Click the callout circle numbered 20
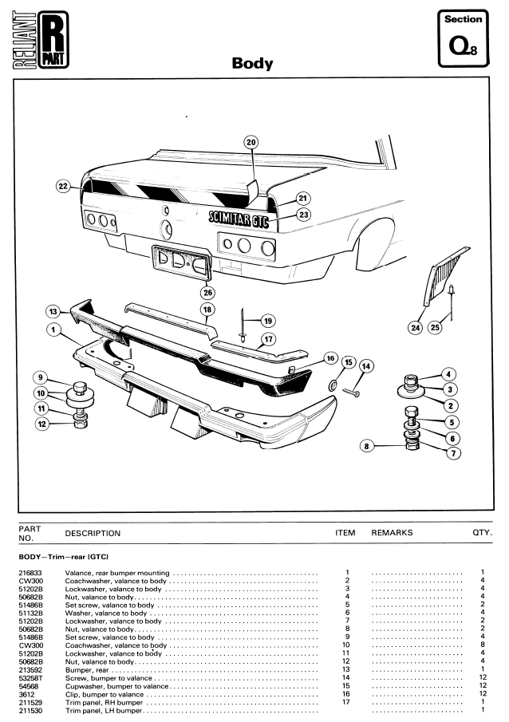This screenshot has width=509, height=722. click(x=251, y=143)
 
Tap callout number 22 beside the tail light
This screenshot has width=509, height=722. click(x=63, y=186)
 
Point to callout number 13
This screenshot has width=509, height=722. click(x=53, y=311)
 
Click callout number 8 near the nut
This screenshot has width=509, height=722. click(x=367, y=447)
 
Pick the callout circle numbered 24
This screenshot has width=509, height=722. click(x=415, y=327)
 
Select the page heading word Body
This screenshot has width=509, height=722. click(x=252, y=64)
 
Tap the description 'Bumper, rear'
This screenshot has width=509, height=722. click(x=86, y=669)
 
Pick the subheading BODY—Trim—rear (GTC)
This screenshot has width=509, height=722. click(x=63, y=555)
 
